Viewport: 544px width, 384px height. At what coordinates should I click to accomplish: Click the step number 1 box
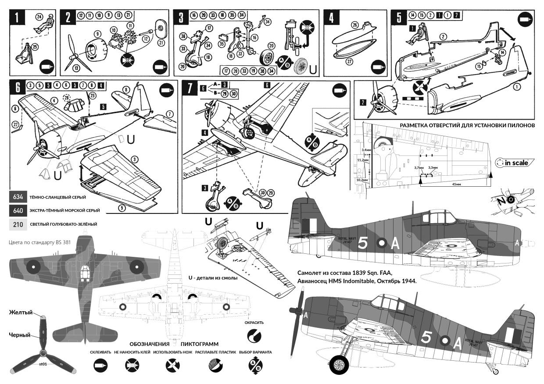[x=16, y=19]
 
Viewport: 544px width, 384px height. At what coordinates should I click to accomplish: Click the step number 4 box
[x=331, y=19]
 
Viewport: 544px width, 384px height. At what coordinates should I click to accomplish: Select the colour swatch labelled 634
[x=18, y=197]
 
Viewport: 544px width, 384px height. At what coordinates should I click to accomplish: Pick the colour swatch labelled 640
[x=18, y=210]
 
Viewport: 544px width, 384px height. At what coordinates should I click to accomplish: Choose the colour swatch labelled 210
[x=18, y=224]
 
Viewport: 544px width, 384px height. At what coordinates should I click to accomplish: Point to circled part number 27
[x=350, y=61]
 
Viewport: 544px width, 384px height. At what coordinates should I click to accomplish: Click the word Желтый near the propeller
[x=21, y=312]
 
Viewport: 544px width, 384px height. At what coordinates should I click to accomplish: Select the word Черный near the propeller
[x=20, y=335]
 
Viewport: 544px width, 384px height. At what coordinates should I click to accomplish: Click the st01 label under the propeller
[x=43, y=364]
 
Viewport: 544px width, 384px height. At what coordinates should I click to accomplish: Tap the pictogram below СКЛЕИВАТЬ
[x=100, y=365]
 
